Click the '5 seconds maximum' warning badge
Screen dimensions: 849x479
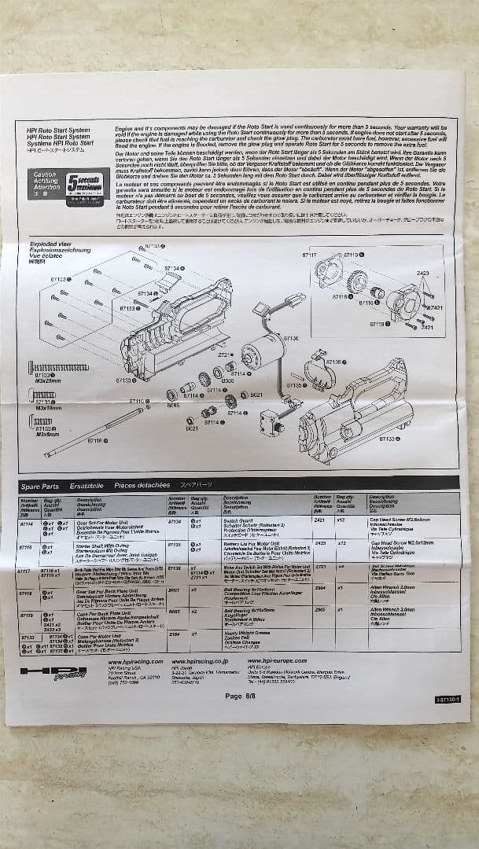[x=83, y=185]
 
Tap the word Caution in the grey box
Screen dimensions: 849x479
[x=44, y=175]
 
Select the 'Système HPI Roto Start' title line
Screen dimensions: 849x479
[x=53, y=144]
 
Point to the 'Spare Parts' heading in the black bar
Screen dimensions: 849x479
[x=40, y=487]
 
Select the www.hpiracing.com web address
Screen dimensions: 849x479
[x=135, y=662]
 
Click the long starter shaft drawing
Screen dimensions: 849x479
[x=94, y=436]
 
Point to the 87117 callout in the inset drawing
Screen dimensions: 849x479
[x=313, y=255]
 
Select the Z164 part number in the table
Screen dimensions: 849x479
[x=175, y=634]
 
